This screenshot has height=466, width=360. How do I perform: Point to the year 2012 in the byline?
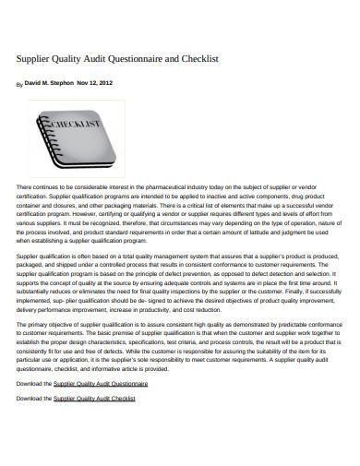tap(106, 83)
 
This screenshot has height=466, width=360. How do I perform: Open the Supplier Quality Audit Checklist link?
tap(94, 424)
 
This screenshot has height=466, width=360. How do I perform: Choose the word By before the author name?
tap(20, 84)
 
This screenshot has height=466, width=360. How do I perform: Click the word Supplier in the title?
tap(34, 58)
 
